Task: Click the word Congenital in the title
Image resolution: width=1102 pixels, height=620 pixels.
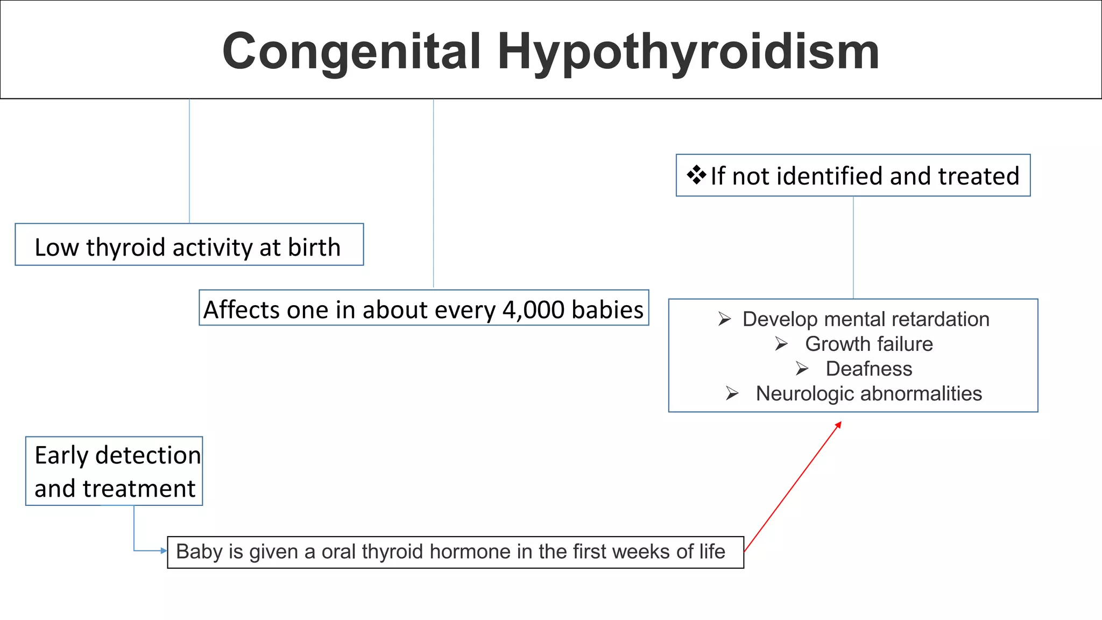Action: click(351, 52)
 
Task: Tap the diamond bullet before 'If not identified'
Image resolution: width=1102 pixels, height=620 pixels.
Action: click(696, 175)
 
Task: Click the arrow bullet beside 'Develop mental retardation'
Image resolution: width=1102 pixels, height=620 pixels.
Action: click(724, 319)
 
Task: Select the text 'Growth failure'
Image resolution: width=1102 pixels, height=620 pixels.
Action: click(868, 344)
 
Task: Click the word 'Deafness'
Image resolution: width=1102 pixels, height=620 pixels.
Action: click(868, 369)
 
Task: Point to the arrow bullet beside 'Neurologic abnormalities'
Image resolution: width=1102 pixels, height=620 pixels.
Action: click(732, 393)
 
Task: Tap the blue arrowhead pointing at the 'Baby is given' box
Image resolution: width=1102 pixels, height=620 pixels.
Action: click(164, 551)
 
